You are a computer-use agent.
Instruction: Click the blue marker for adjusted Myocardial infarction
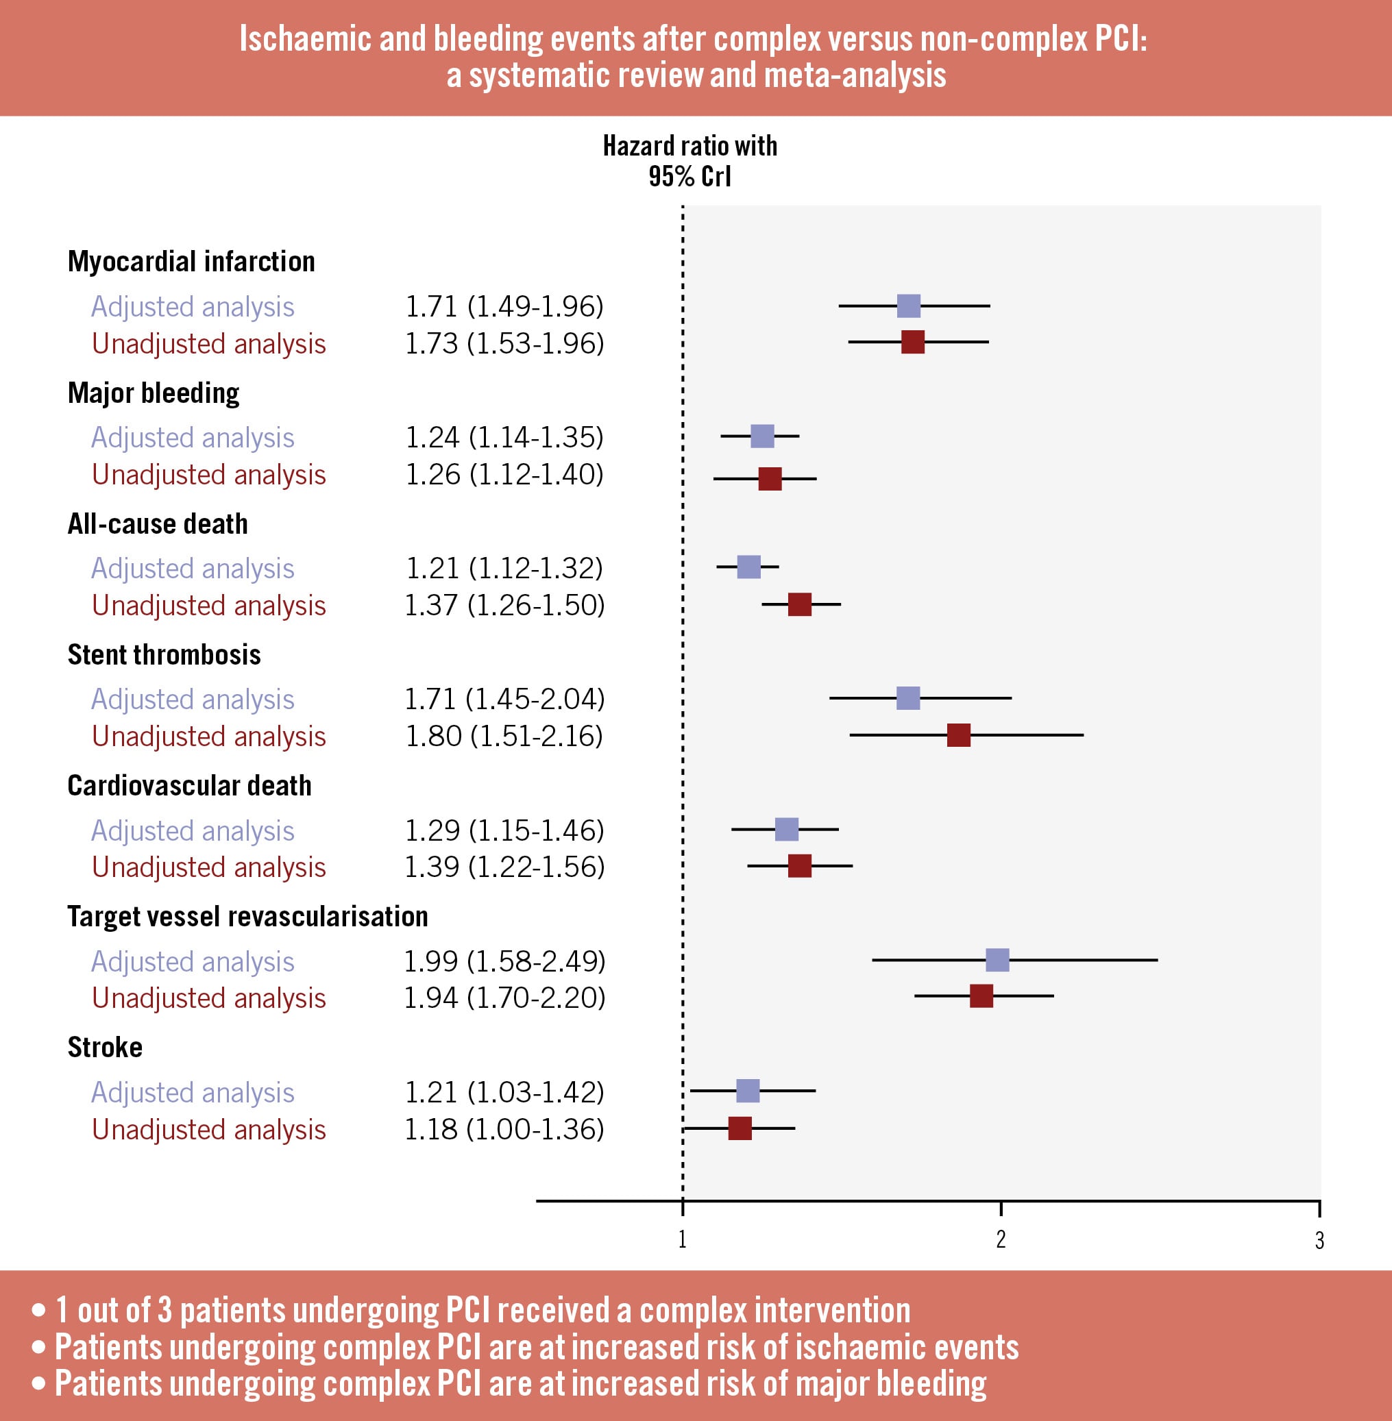(908, 306)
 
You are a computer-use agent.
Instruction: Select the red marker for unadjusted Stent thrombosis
(958, 735)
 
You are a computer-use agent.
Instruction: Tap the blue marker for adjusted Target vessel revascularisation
(997, 960)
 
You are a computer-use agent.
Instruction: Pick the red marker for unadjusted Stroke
(740, 1128)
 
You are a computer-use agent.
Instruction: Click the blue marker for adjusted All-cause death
(748, 567)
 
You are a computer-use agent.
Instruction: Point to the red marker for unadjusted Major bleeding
(770, 479)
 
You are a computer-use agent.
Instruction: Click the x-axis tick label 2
(1001, 1239)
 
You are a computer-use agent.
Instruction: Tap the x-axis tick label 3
(1319, 1240)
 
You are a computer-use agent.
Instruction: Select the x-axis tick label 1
(682, 1239)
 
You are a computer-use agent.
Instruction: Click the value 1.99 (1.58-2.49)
(504, 961)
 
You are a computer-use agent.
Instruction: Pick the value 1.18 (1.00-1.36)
(504, 1129)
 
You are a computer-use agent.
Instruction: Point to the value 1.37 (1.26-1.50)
(504, 605)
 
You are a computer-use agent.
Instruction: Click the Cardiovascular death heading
(189, 785)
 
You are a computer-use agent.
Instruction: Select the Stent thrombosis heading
(164, 654)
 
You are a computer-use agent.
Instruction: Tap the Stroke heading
(105, 1047)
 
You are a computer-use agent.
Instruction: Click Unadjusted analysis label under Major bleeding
(208, 474)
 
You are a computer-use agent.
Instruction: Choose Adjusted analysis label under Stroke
(193, 1092)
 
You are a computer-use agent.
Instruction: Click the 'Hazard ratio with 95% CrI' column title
(689, 161)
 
